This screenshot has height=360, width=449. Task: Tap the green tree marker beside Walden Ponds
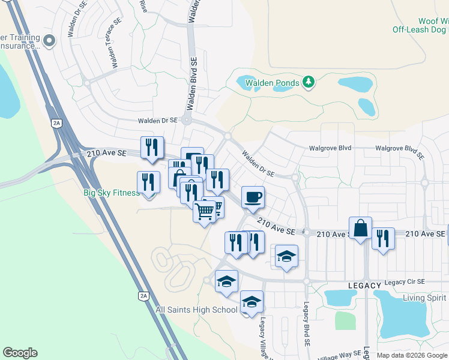point(309,82)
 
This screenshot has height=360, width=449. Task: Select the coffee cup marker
point(253,197)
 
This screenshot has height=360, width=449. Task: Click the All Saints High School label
point(197,310)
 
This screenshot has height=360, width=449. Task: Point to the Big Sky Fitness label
point(111,193)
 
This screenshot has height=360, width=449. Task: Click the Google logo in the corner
point(20,353)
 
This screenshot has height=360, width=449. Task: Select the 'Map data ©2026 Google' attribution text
point(412,355)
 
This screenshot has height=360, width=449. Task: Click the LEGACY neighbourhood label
point(364,285)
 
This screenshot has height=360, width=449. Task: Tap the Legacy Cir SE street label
point(405,282)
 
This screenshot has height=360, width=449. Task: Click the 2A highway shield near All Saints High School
point(143,296)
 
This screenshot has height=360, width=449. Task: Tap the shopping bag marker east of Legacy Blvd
point(360,229)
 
